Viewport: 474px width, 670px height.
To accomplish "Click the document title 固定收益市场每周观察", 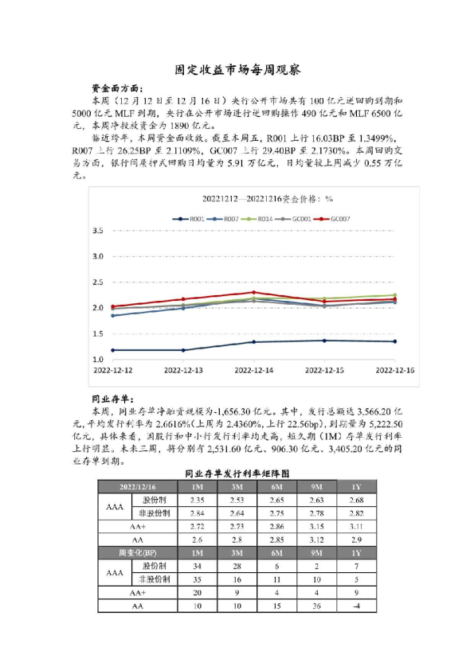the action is [237, 70].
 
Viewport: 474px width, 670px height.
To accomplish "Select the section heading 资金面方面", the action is [119, 89].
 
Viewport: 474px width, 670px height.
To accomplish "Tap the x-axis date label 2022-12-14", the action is [254, 370].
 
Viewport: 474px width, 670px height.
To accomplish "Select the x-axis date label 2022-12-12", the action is [112, 370].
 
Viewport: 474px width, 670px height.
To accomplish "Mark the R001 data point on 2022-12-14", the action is [254, 342].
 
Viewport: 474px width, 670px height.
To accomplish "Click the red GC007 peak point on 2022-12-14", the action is [254, 292].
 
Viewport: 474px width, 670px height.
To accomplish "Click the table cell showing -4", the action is [355, 606].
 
